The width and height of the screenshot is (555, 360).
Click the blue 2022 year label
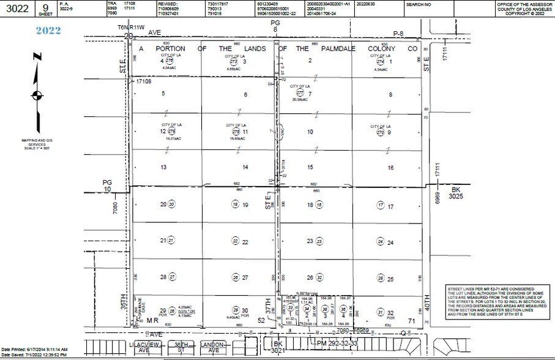pos(48,30)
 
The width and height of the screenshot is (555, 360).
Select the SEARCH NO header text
pos(419,4)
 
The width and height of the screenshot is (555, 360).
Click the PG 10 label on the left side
pos(108,186)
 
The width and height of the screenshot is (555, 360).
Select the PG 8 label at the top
pos(275,26)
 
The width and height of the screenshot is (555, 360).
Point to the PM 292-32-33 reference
pos(333,345)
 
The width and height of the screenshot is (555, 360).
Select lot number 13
pos(163,167)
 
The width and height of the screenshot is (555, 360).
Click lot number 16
pos(390,167)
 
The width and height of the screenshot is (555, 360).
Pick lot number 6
pos(245,94)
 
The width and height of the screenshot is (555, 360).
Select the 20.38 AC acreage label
pos(299,99)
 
